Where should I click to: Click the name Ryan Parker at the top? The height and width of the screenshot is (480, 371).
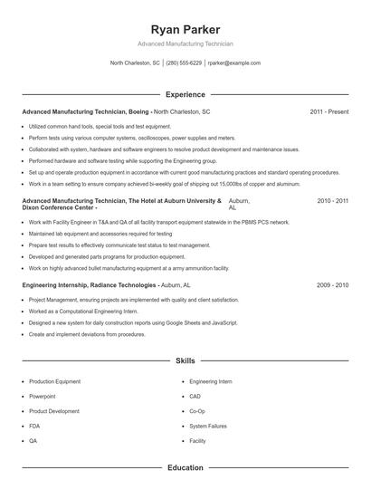click(185, 29)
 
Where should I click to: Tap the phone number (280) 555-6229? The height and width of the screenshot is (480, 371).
click(184, 63)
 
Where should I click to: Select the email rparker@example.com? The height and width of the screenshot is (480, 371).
click(233, 63)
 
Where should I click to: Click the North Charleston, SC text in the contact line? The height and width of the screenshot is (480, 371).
click(135, 63)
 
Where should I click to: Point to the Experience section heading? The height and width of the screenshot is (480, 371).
click(185, 94)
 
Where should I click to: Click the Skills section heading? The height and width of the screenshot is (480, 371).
click(185, 360)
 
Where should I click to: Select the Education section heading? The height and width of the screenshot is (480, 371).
click(185, 468)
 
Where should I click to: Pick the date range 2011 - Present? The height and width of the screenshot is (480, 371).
click(328, 111)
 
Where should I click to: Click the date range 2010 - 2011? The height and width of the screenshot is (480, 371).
click(332, 199)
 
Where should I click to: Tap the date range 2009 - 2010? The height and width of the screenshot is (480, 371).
click(332, 284)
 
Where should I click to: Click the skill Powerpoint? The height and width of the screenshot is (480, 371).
click(43, 396)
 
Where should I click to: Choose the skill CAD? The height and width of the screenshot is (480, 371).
click(195, 396)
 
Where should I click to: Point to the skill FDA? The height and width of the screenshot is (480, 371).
click(34, 425)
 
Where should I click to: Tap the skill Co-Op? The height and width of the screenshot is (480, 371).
click(197, 410)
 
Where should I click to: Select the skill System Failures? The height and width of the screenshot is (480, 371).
click(207, 425)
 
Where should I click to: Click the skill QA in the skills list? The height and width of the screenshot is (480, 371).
click(33, 439)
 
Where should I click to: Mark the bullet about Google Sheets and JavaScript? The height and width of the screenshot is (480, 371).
click(133, 322)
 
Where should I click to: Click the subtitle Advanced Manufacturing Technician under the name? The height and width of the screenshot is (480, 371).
click(185, 43)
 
